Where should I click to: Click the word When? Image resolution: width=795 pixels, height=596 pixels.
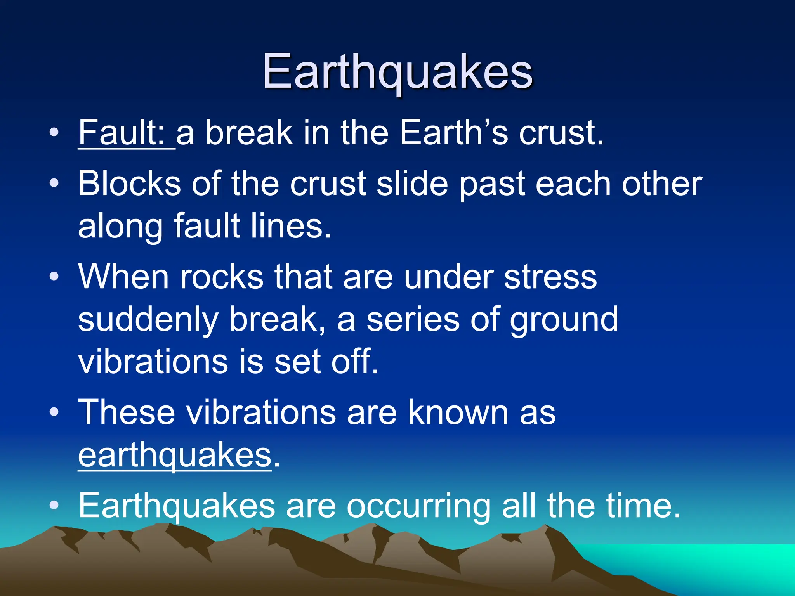123,276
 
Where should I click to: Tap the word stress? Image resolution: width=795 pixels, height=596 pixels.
550,276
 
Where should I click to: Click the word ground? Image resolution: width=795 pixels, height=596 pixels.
564,320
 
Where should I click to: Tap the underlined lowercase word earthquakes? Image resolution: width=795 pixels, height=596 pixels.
175,456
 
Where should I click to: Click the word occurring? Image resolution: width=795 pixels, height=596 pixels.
418,506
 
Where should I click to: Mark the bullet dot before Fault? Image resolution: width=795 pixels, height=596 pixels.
54,133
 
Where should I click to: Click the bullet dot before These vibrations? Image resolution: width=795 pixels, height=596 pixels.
54,412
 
